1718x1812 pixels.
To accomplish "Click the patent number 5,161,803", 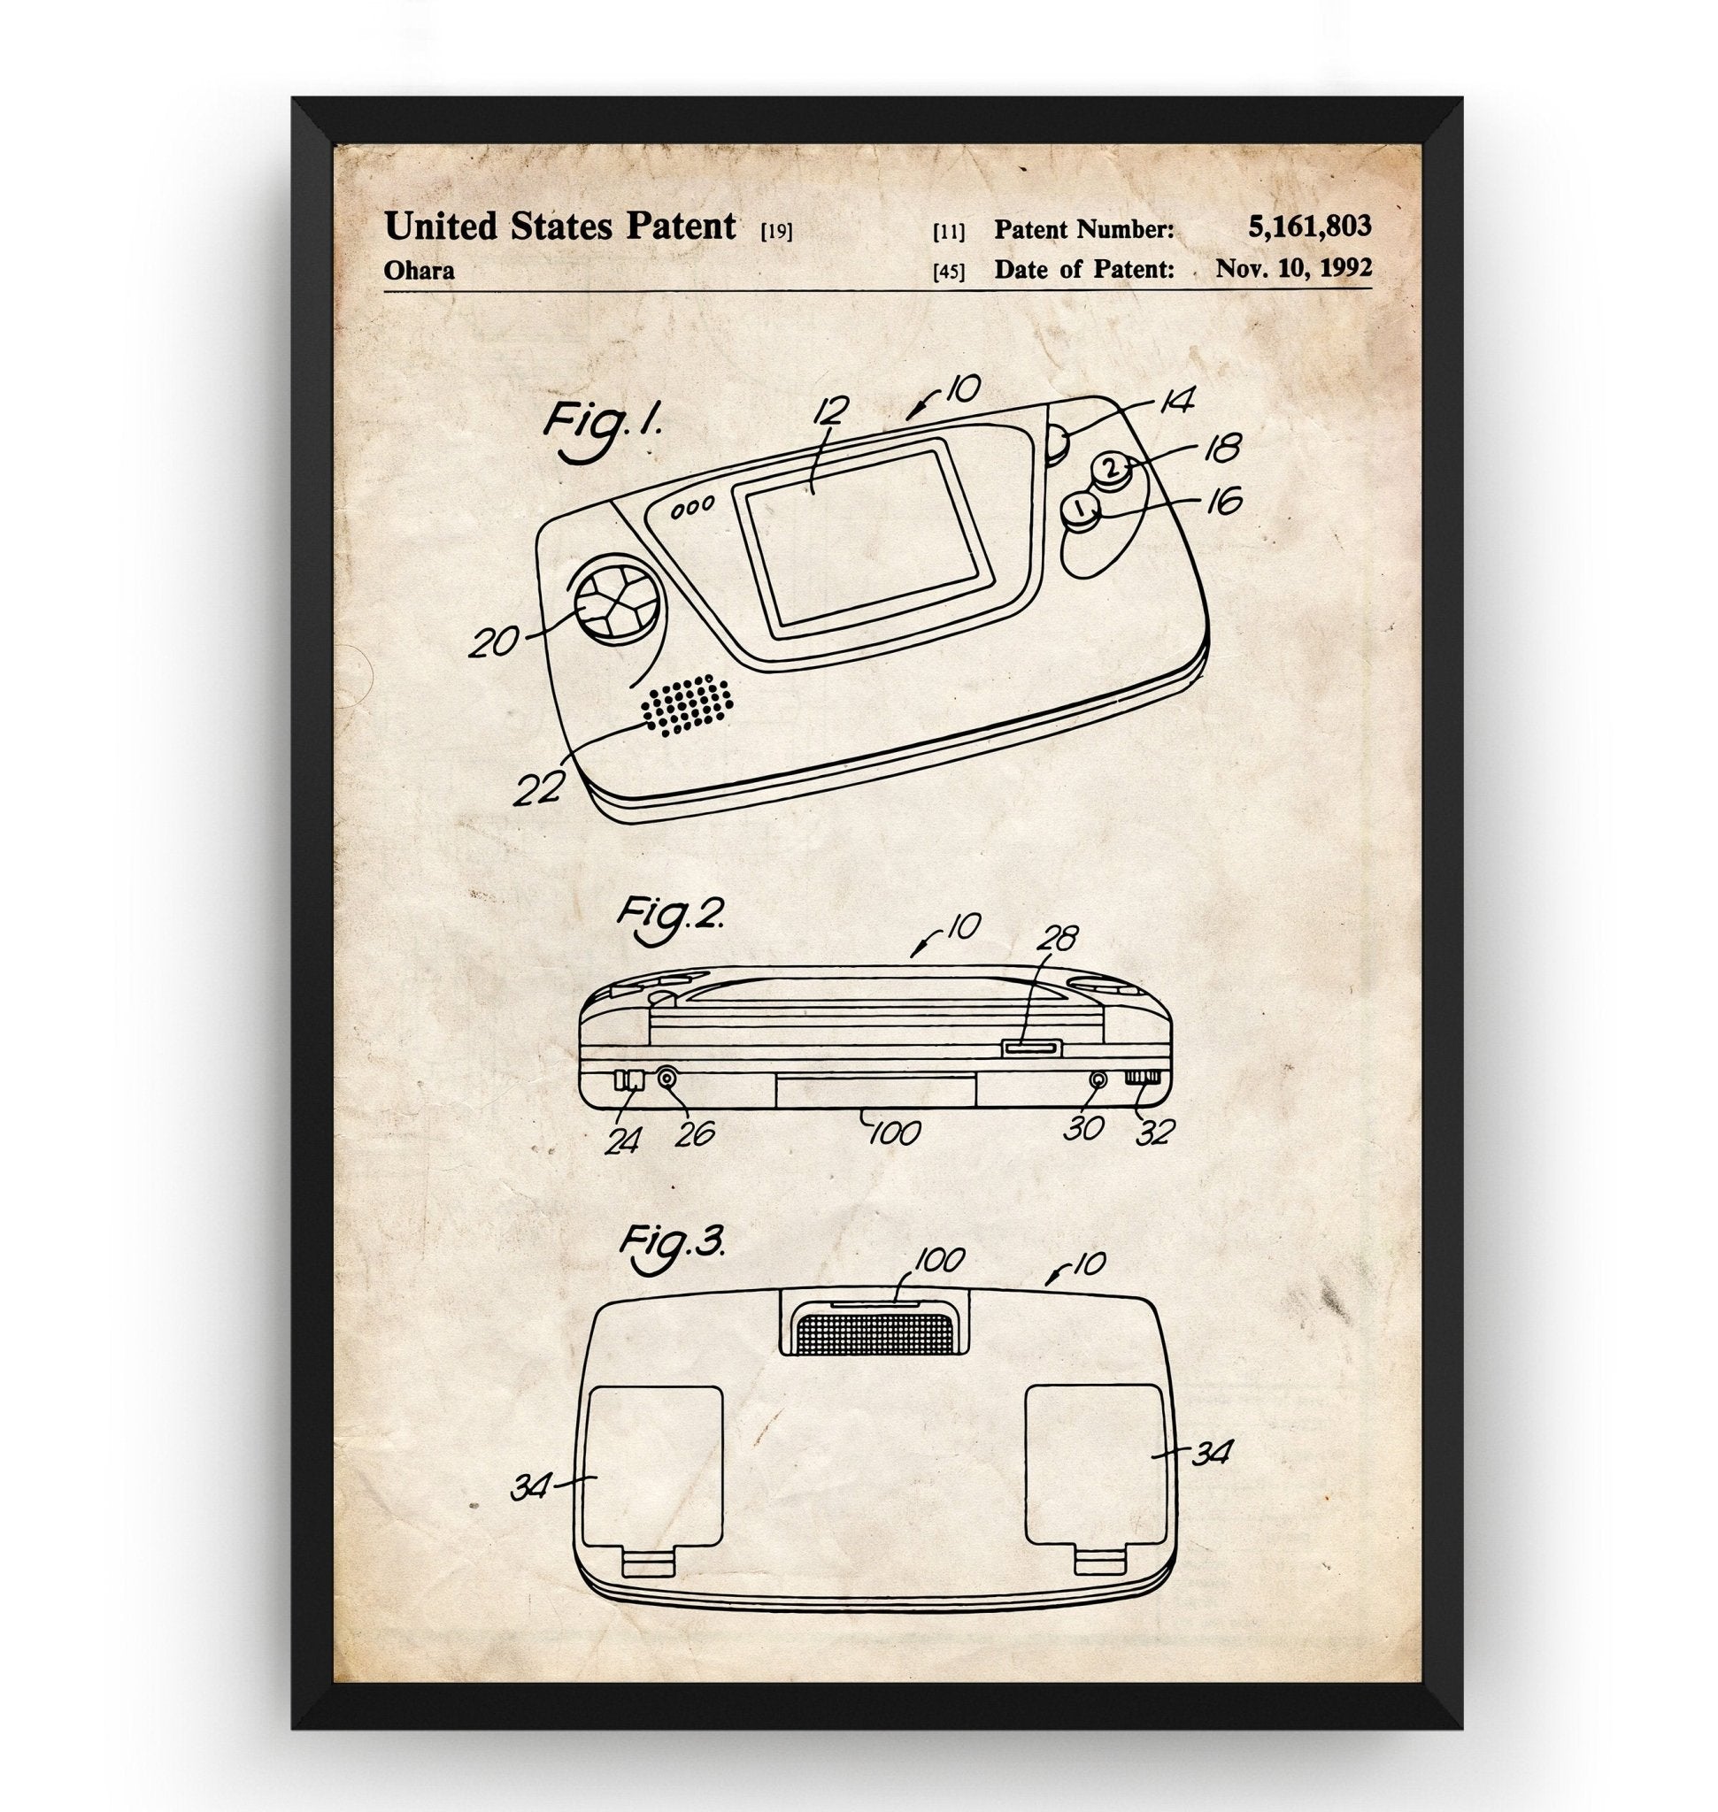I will (x=1309, y=226).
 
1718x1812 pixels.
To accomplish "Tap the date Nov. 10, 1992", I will (x=1293, y=268).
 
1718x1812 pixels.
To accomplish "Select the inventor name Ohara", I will (x=419, y=271).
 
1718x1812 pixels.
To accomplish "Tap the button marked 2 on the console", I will (x=1112, y=469).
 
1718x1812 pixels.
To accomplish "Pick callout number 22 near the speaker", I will (x=537, y=787).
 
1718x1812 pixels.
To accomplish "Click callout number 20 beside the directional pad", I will (x=495, y=641).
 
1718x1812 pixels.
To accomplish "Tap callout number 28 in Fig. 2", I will (x=1054, y=939).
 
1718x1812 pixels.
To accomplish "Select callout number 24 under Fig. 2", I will (x=623, y=1140).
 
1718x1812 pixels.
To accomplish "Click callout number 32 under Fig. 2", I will (x=1154, y=1132).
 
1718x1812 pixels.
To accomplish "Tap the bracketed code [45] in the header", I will (x=949, y=272).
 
